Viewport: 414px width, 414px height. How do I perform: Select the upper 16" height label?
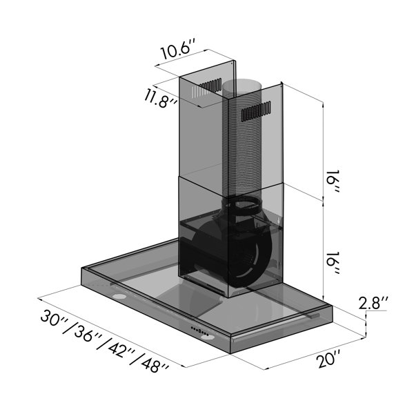click(x=333, y=181)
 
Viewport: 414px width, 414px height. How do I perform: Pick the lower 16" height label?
click(x=333, y=263)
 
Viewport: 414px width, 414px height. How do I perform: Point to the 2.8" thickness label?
click(x=373, y=303)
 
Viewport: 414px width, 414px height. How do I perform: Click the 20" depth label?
click(x=329, y=359)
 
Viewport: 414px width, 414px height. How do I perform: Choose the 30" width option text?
click(x=54, y=318)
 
